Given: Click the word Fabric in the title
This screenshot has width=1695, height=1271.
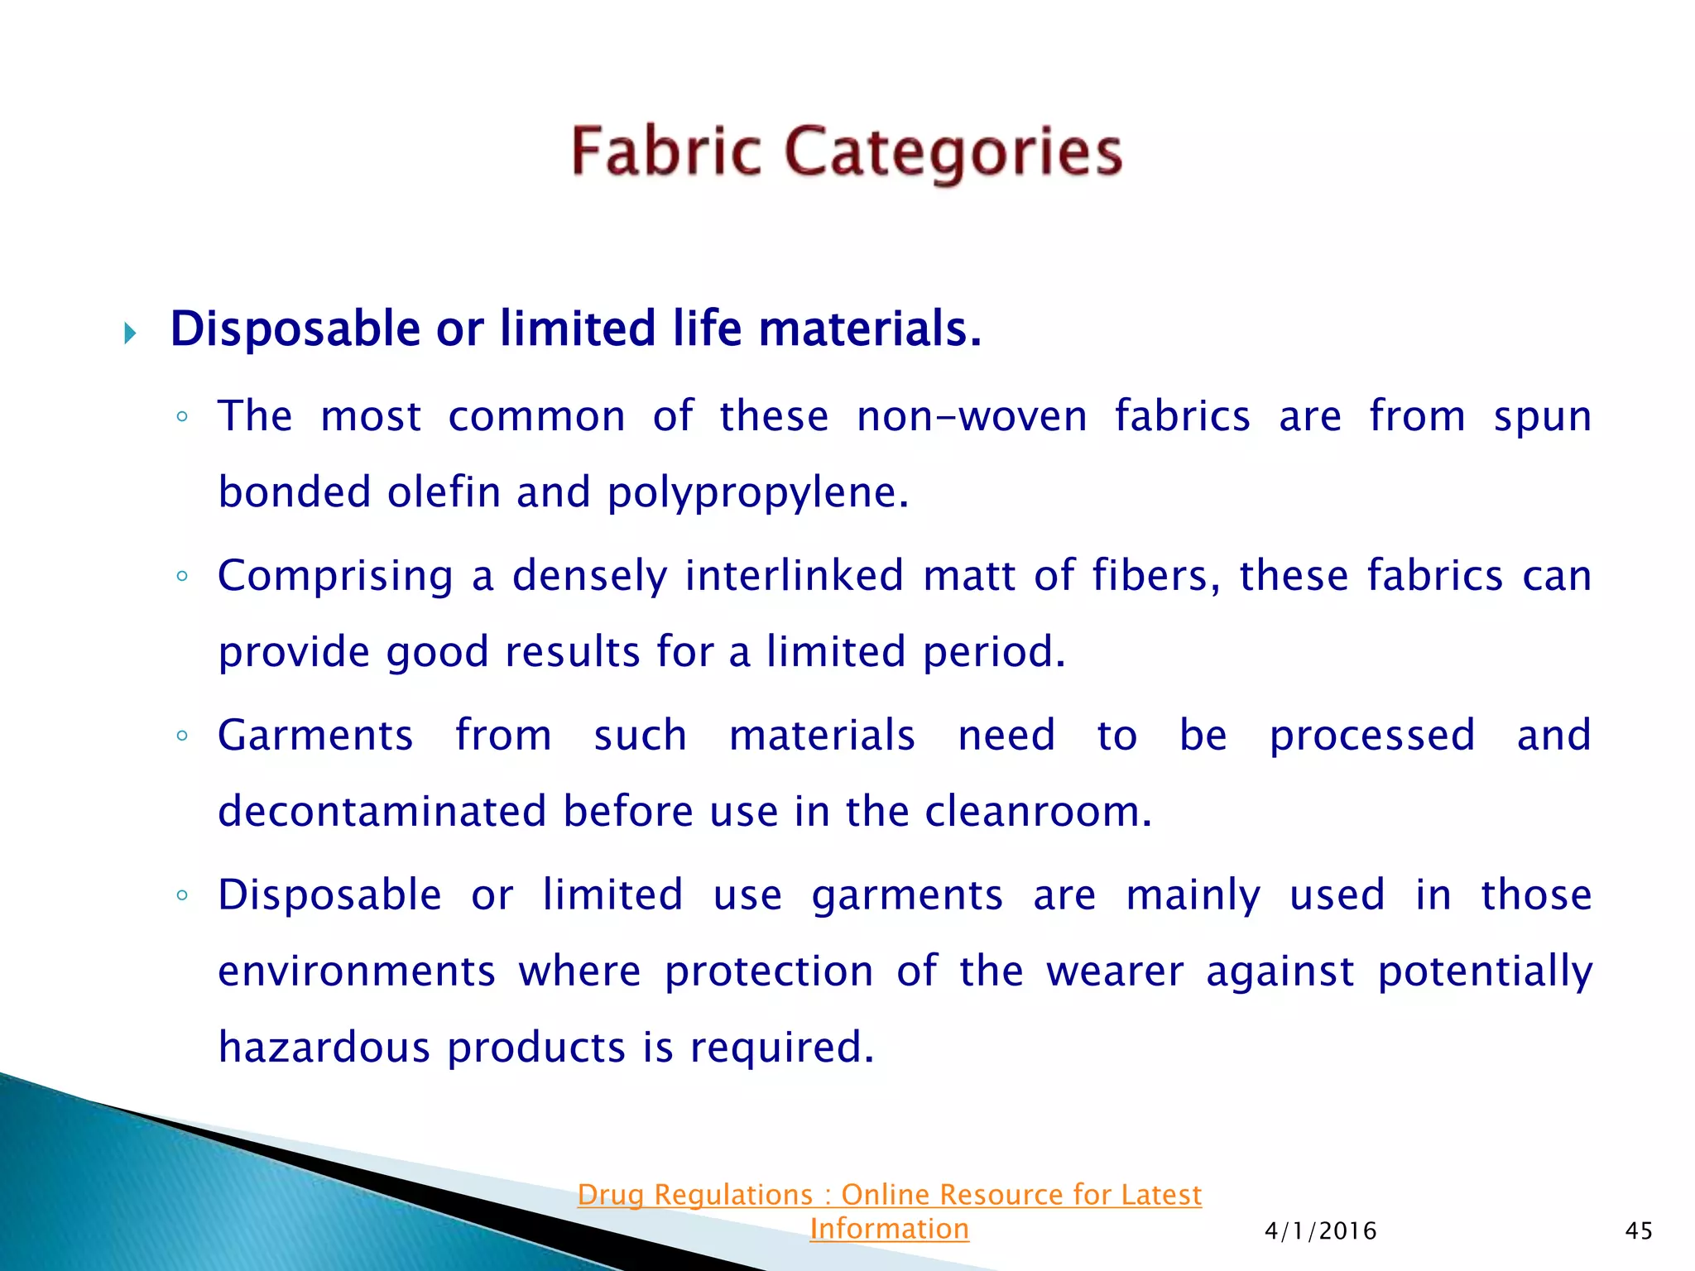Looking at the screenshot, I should tap(665, 151).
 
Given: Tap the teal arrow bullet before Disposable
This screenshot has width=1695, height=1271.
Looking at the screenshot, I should tap(130, 333).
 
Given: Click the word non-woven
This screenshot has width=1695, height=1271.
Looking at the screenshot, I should tap(972, 416).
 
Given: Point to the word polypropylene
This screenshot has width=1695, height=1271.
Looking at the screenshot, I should tap(757, 493).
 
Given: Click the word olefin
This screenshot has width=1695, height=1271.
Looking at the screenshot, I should tap(444, 492).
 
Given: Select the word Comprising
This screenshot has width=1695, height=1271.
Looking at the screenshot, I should tap(335, 577).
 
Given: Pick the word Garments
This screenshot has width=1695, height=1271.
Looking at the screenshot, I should tap(315, 735).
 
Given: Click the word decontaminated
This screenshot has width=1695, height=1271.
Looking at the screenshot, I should tap(382, 811).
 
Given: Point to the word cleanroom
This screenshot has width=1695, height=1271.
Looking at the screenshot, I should tap(1038, 811).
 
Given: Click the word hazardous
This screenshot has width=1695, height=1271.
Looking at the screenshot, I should tap(324, 1048).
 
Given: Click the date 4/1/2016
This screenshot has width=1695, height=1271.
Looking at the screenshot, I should tap(1320, 1231).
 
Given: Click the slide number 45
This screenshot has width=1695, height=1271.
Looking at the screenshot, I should tap(1639, 1231).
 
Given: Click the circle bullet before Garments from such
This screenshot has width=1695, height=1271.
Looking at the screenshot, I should tap(183, 735).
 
